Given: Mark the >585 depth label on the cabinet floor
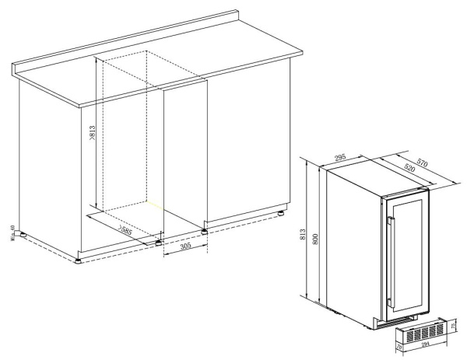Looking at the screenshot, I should pyautogui.click(x=124, y=231).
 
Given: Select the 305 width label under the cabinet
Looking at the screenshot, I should pyautogui.click(x=184, y=246).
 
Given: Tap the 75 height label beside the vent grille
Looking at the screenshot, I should pyautogui.click(x=456, y=324).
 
